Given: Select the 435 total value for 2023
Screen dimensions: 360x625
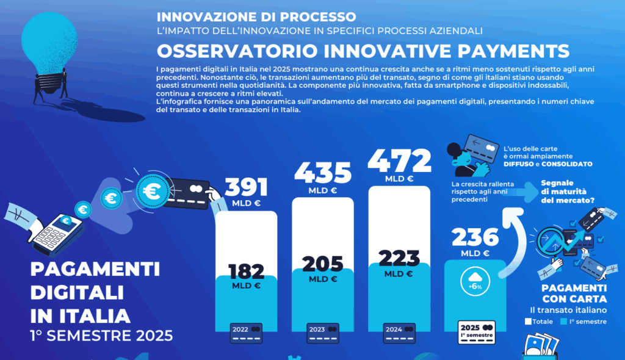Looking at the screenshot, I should (x=323, y=174).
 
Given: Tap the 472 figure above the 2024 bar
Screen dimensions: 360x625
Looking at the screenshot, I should (x=399, y=162).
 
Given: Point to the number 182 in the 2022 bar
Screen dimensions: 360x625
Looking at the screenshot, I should (x=247, y=271).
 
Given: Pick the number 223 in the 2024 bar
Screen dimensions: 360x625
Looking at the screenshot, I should (x=399, y=258).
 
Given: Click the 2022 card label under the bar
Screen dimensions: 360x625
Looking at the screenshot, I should (x=247, y=332).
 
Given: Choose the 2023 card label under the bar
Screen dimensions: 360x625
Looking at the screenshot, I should (x=323, y=332).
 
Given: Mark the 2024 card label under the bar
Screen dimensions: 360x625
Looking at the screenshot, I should (x=399, y=332).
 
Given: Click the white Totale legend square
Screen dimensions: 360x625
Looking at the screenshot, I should (x=529, y=321).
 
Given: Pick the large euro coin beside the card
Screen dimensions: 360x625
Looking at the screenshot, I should (x=150, y=191).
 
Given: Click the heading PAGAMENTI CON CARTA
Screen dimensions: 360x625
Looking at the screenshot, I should (x=574, y=293).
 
